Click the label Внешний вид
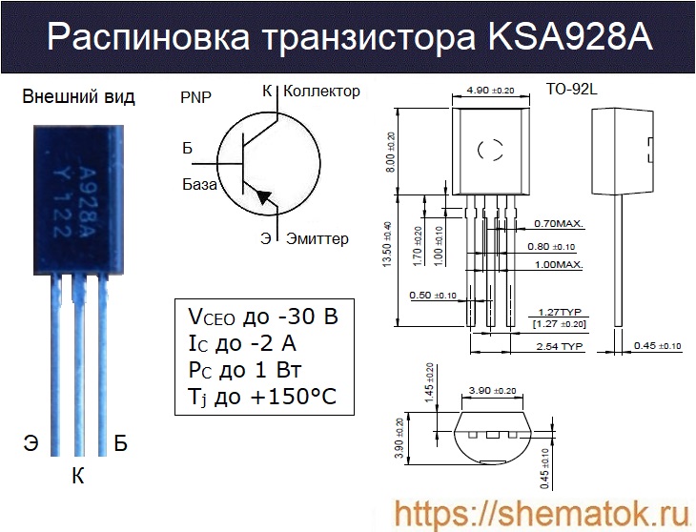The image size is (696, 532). coord(78,96)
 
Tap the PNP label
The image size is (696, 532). coord(196,97)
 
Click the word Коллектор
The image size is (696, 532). coord(322,92)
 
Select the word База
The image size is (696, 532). coord(199,184)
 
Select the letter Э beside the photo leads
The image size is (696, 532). coord(31,442)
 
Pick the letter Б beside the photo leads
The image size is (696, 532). coord(120,442)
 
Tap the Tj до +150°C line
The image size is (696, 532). coord(263,398)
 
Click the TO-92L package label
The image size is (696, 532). coord(570,91)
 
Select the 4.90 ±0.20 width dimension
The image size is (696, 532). coord(489,91)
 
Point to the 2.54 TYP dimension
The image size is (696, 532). coord(559,345)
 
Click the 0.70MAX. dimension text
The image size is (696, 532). coord(559,224)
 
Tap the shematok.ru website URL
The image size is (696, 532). coord(541,513)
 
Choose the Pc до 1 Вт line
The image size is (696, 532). coord(246,371)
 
